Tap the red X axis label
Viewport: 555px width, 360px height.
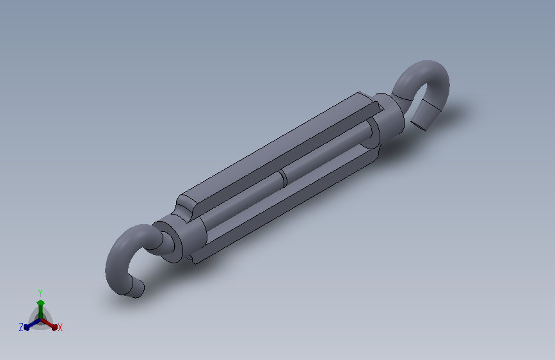[x=60, y=327]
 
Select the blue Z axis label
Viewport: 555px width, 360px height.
[x=21, y=327]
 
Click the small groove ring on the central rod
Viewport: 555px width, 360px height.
[x=282, y=179]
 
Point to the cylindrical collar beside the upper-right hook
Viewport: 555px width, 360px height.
[x=390, y=115]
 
